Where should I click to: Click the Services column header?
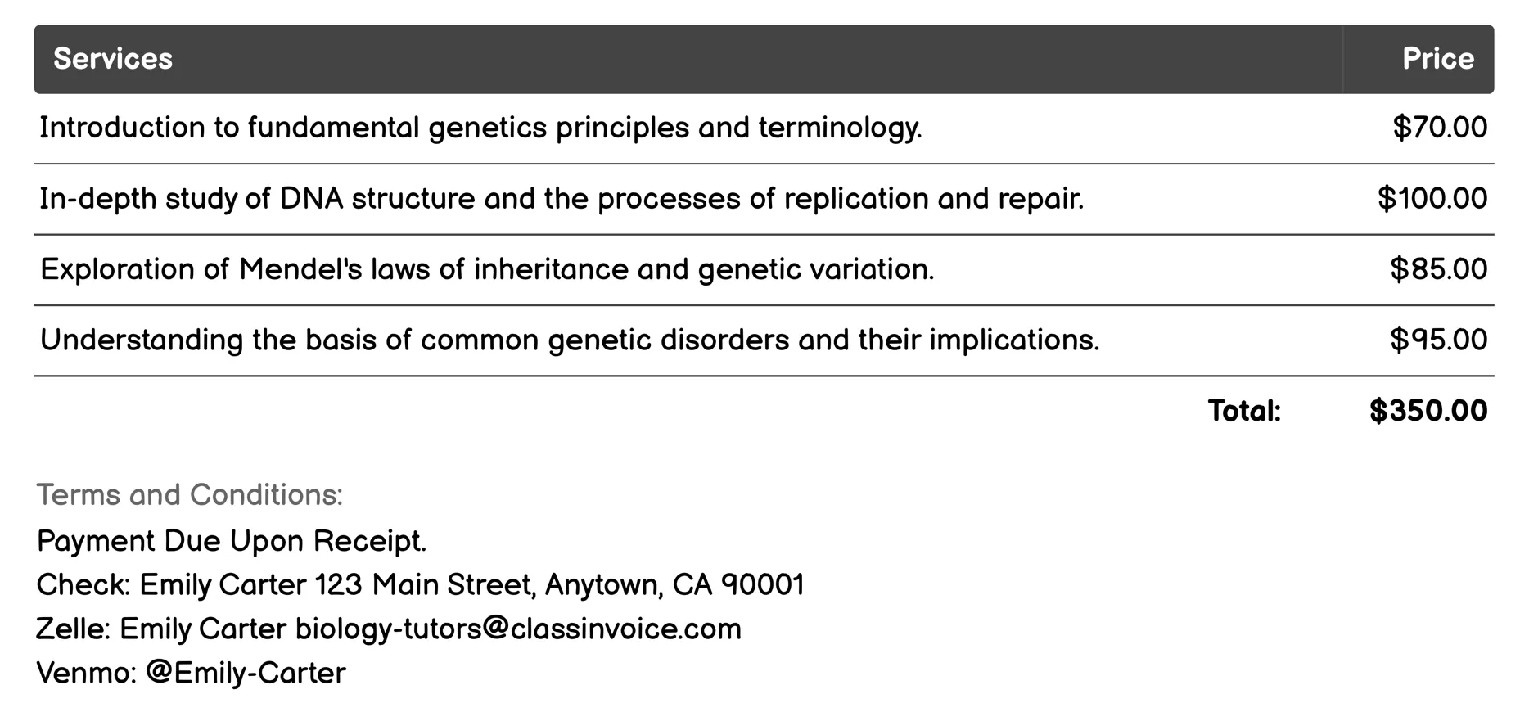tap(113, 59)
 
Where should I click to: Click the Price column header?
tap(1437, 59)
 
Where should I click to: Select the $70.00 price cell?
tap(1440, 128)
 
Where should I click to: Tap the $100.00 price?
tap(1432, 199)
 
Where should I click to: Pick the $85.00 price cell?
tap(1438, 269)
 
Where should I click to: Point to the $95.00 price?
tap(1438, 340)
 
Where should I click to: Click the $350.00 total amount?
tap(1428, 411)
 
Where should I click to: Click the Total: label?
tap(1244, 411)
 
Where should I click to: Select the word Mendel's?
tap(300, 269)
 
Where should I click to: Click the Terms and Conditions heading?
tap(190, 495)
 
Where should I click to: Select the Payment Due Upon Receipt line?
tap(232, 541)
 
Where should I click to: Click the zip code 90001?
tap(762, 585)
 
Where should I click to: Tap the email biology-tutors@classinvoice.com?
tap(518, 629)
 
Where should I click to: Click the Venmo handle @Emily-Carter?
tap(246, 674)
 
